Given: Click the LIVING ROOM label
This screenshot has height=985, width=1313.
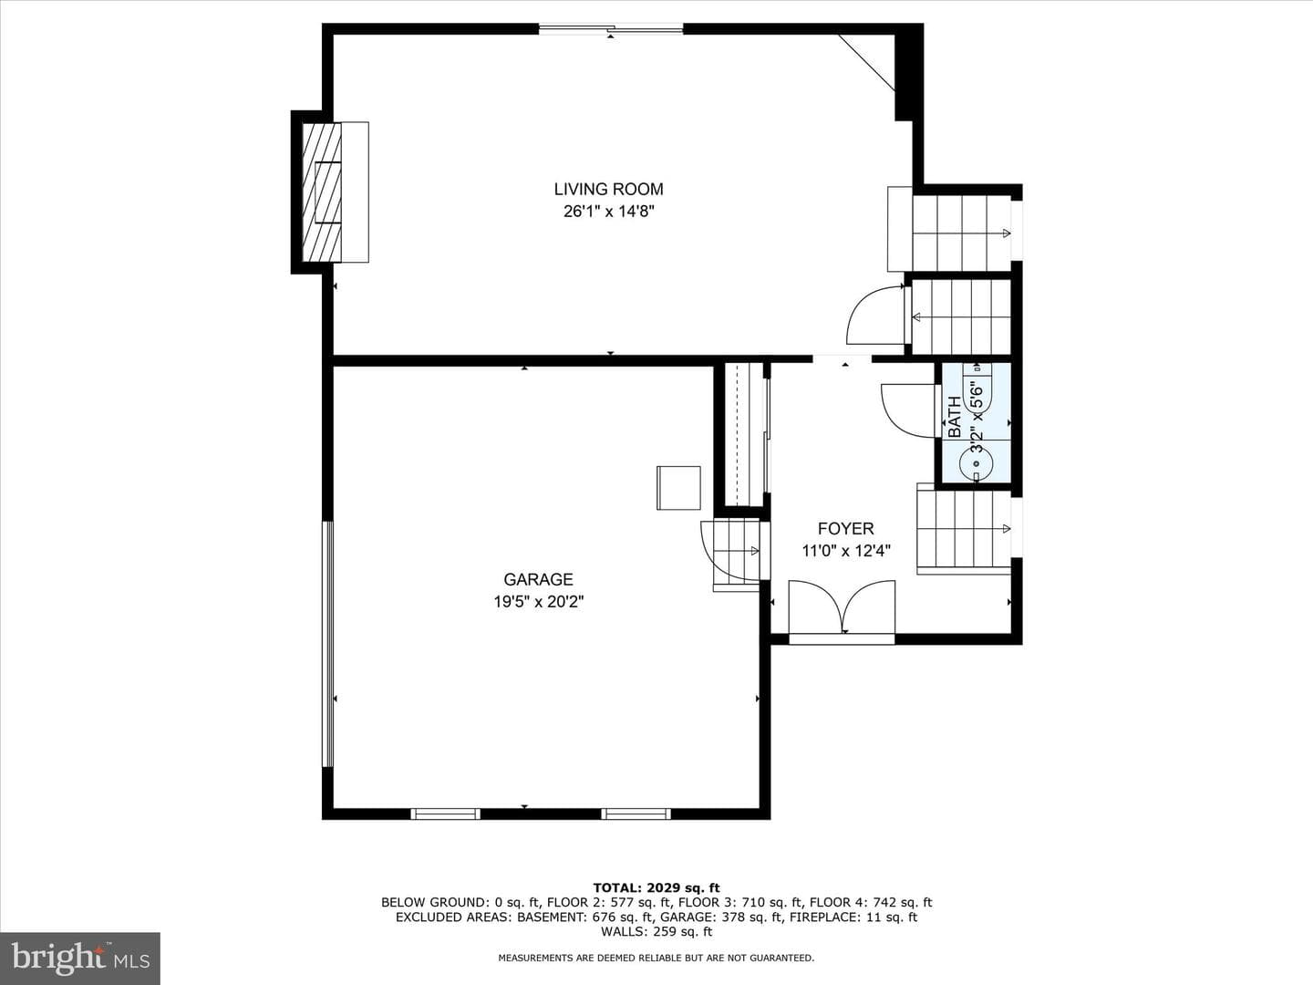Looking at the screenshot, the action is [x=608, y=189].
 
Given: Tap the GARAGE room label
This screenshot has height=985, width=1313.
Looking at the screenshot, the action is [x=538, y=579].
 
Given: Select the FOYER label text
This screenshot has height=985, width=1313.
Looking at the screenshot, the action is [x=846, y=529].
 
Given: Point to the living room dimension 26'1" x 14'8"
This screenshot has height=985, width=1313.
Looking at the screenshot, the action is [x=609, y=211].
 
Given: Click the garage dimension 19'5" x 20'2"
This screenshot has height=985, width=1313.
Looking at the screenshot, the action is [x=538, y=601].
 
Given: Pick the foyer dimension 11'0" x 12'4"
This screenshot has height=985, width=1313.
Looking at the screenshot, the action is [x=846, y=550].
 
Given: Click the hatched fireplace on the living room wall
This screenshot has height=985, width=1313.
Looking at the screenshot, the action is [x=322, y=192].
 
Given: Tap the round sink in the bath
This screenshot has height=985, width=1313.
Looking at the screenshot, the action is [x=977, y=463].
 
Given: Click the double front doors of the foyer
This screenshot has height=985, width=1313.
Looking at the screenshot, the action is [x=842, y=608].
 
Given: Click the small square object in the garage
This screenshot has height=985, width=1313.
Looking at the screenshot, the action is [x=678, y=488].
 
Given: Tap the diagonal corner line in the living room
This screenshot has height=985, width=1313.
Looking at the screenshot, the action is [x=866, y=63].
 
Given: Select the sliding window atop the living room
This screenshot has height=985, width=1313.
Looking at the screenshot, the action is [x=611, y=28].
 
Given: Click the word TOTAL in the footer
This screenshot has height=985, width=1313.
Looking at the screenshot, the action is [x=615, y=887].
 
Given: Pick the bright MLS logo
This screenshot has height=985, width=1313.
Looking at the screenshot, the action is [x=80, y=958].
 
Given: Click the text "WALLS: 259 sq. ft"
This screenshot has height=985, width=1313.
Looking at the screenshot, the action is [x=656, y=931].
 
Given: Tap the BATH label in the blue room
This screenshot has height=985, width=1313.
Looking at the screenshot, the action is [x=955, y=417].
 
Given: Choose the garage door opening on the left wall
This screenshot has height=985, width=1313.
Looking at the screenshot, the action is [x=327, y=644].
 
